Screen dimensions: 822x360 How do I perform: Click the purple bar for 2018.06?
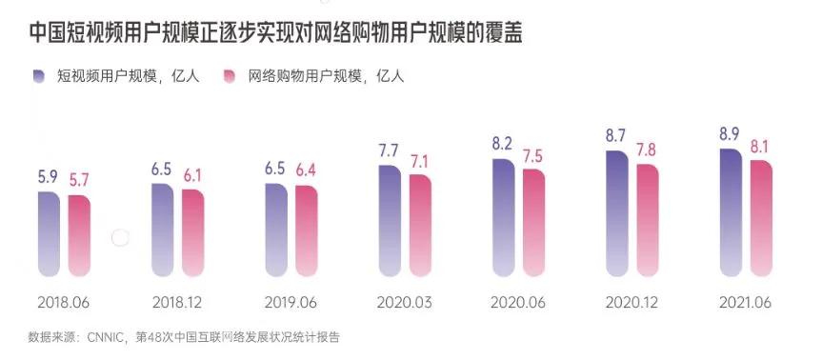pyautogui.click(x=49, y=233)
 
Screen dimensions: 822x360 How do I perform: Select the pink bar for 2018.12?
pyautogui.click(x=193, y=233)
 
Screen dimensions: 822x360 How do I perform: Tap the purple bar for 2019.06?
pyautogui.click(x=276, y=230)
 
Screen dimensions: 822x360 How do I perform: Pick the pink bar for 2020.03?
pyautogui.click(x=420, y=226)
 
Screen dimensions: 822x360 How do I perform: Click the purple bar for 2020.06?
pyautogui.click(x=504, y=217)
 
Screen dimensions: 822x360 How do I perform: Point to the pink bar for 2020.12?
pyautogui.click(x=648, y=220)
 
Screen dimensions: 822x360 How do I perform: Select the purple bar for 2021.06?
pyautogui.click(x=732, y=212)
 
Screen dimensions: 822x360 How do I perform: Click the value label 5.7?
pyautogui.click(x=79, y=180)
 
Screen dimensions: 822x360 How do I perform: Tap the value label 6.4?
pyautogui.click(x=306, y=170)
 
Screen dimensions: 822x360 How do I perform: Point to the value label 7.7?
pyautogui.click(x=390, y=150)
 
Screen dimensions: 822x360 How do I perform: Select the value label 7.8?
pyautogui.click(x=648, y=149)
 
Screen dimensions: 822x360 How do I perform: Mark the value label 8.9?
pyautogui.click(x=730, y=133)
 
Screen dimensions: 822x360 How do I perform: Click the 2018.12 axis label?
pyautogui.click(x=177, y=303)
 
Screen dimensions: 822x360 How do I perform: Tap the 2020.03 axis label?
pyautogui.click(x=404, y=303)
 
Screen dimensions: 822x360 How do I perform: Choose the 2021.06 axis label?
pyautogui.click(x=745, y=303)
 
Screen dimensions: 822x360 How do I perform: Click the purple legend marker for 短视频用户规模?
pyautogui.click(x=39, y=76)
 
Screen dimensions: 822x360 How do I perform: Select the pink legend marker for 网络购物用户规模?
pyautogui.click(x=230, y=76)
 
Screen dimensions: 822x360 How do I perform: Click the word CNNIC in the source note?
pyautogui.click(x=105, y=337)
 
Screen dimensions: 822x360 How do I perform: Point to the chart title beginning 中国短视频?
pyautogui.click(x=276, y=33)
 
